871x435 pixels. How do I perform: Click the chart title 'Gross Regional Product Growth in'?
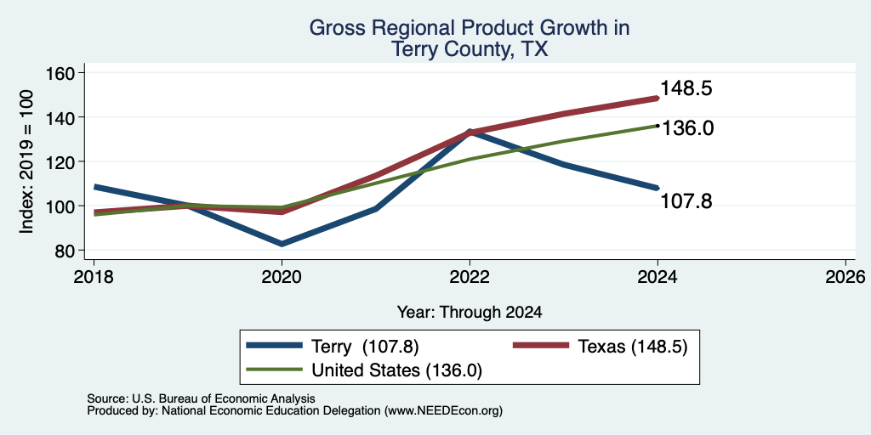pos(470,28)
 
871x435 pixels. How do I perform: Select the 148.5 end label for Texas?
pos(686,88)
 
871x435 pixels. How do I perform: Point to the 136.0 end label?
pos(687,128)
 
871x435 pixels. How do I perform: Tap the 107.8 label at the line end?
pos(686,201)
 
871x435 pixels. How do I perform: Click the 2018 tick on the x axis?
pos(94,276)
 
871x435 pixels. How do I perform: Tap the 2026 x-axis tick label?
pos(845,276)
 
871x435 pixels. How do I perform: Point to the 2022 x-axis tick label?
pos(470,276)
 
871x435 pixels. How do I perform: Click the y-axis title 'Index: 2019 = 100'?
pos(26,162)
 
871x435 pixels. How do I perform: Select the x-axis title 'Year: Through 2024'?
pos(470,313)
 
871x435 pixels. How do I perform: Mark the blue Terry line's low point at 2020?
pos(282,244)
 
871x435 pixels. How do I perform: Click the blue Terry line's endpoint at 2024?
pos(658,188)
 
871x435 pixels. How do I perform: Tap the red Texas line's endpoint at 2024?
pos(658,99)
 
